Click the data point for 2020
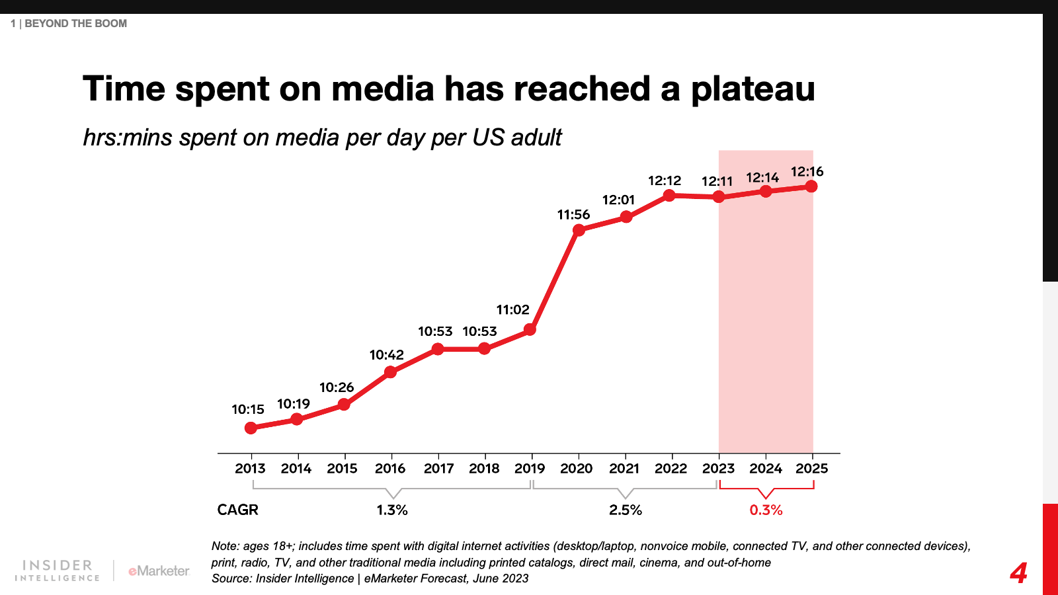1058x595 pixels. (579, 230)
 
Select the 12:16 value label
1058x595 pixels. (807, 172)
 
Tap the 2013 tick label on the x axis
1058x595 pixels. (250, 469)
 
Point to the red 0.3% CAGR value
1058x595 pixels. (766, 510)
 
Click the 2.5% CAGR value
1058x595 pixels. (626, 510)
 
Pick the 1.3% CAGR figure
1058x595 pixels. (392, 510)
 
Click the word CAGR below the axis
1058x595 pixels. (238, 510)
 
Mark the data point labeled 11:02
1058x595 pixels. (530, 329)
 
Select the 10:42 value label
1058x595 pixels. (386, 355)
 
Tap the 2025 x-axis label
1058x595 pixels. (811, 469)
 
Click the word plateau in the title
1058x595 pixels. (753, 89)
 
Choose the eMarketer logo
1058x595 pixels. (159, 571)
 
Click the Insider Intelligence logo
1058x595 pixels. (58, 570)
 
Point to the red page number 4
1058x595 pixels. (1018, 573)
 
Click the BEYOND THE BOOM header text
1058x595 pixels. (75, 24)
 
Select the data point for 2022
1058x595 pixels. (669, 195)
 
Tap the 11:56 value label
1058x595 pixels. (573, 215)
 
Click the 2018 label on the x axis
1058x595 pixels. (484, 469)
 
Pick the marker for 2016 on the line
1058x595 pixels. (390, 372)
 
